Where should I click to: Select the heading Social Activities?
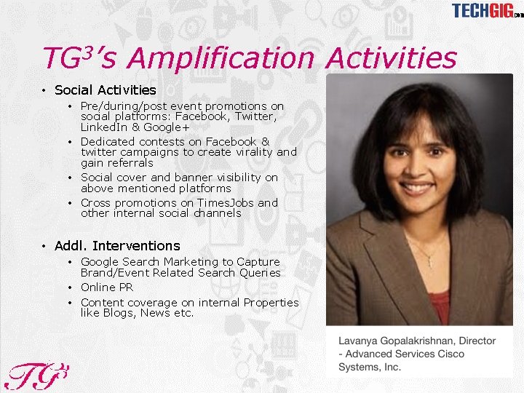105,90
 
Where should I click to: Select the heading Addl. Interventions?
117,246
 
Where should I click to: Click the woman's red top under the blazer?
440,306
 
